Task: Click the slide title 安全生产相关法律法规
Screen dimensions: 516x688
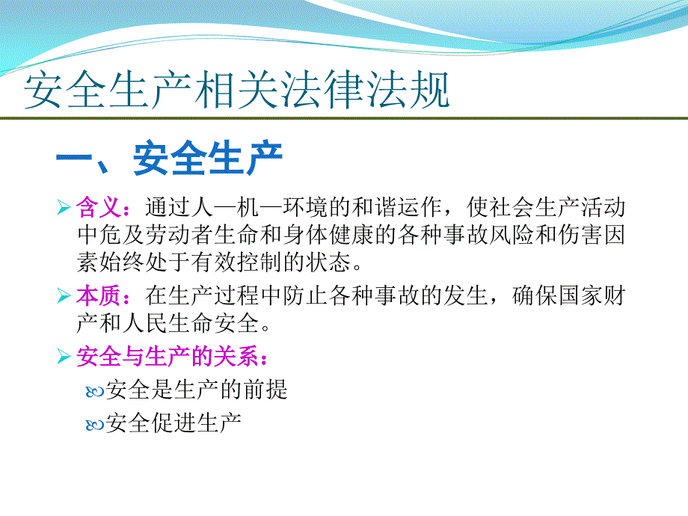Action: coord(237,93)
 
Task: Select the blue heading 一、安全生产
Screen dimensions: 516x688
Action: coord(169,159)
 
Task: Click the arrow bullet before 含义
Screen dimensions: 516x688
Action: coord(64,206)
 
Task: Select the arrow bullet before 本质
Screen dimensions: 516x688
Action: coord(64,297)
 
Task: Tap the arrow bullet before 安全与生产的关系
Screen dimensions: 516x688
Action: coord(64,357)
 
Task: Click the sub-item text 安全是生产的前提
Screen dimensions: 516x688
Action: coord(197,390)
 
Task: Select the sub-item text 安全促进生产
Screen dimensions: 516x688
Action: coord(173,424)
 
